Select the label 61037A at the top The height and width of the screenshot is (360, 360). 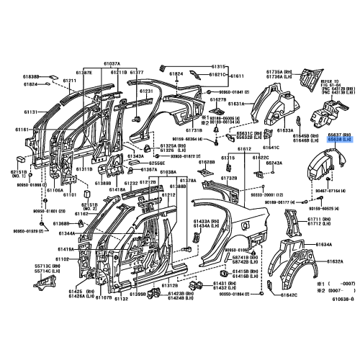click(111, 63)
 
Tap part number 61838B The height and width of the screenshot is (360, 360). click(30, 76)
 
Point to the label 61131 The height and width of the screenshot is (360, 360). click(30, 112)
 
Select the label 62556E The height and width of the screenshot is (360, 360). click(158, 163)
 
